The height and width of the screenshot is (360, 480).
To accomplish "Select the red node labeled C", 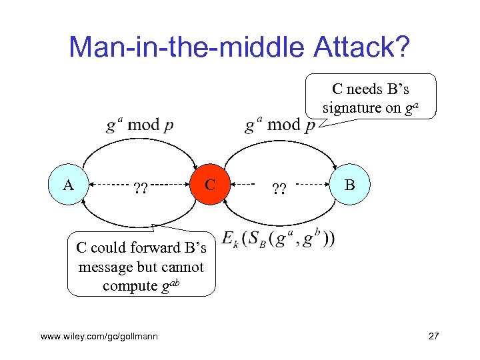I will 210,183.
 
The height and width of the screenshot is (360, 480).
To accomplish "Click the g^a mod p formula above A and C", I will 139,125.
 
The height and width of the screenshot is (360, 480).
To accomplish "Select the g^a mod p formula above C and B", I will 280,125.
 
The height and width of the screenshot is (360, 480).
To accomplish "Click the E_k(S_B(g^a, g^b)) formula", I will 279,239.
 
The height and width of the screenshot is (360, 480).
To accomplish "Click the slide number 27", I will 433,336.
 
